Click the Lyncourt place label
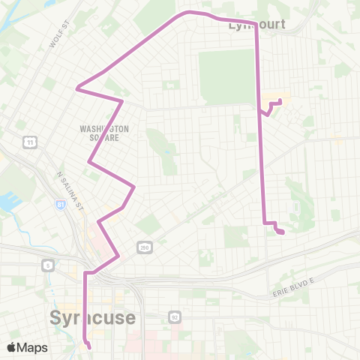(x=256, y=25)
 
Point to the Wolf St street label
(x=53, y=37)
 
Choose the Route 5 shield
(x=47, y=265)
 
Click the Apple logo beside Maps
(x=12, y=347)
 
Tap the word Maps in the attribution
(x=34, y=347)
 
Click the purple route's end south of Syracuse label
(x=89, y=347)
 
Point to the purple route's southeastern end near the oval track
(x=281, y=232)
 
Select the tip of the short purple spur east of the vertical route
(x=280, y=100)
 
